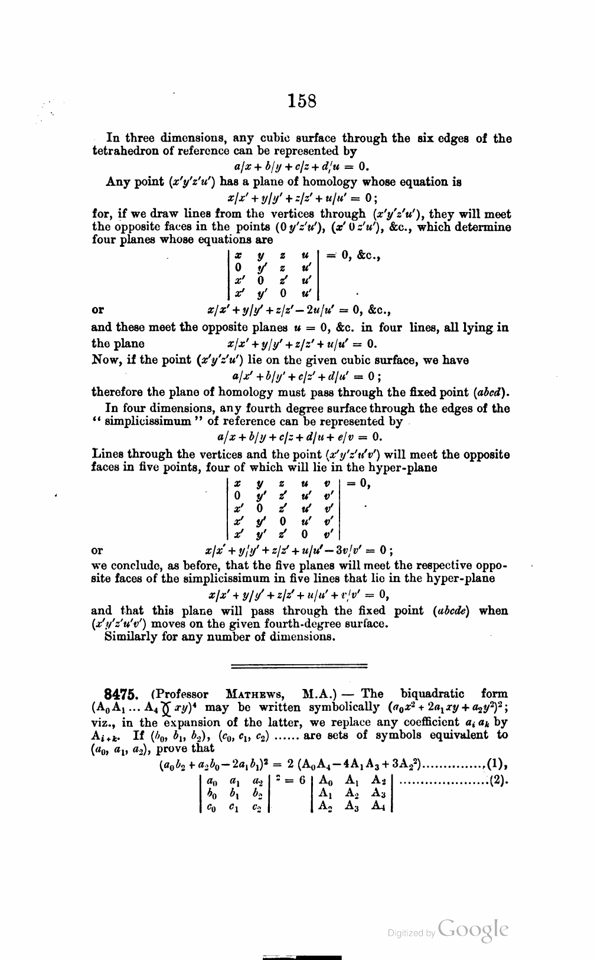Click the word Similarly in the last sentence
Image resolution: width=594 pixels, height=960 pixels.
click(128, 636)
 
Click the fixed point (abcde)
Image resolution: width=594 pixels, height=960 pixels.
click(450, 611)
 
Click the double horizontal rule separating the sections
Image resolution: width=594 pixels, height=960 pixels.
click(298, 666)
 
